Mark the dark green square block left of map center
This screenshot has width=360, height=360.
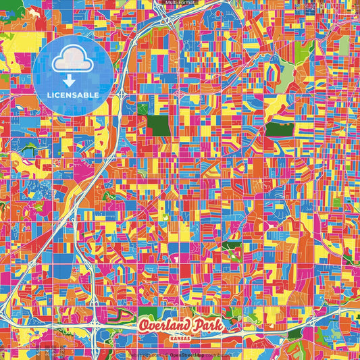pyautogui.click(x=159, y=126)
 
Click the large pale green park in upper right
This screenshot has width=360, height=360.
pyautogui.click(x=286, y=72)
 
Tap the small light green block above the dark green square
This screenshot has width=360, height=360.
pyautogui.click(x=143, y=108)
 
